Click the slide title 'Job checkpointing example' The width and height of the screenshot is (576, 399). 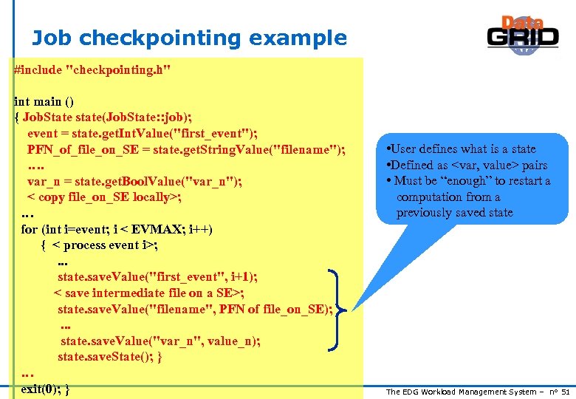[189, 38]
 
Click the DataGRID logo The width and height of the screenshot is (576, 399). [523, 35]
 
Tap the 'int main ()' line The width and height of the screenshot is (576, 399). [44, 101]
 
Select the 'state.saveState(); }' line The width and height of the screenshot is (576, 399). [110, 357]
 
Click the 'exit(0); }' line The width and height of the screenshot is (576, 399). [46, 389]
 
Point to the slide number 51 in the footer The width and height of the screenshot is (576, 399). [566, 392]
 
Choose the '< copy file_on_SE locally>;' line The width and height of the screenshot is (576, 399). [105, 197]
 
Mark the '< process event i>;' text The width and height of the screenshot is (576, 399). [111, 245]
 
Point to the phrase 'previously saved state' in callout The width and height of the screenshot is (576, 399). [454, 213]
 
